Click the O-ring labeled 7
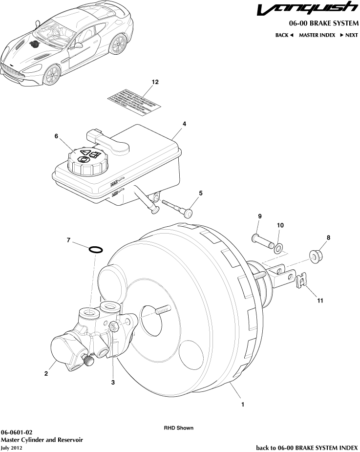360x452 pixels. coord(96,250)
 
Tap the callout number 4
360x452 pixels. coord(184,124)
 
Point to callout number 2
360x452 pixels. coord(46,374)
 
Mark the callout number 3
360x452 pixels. coord(113,382)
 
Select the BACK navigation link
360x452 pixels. coord(284,35)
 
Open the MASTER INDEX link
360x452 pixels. coord(317,35)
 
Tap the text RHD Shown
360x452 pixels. coord(178,428)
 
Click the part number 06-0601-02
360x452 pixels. coord(17,432)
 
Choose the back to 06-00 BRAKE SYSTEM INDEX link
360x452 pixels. coord(307,447)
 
